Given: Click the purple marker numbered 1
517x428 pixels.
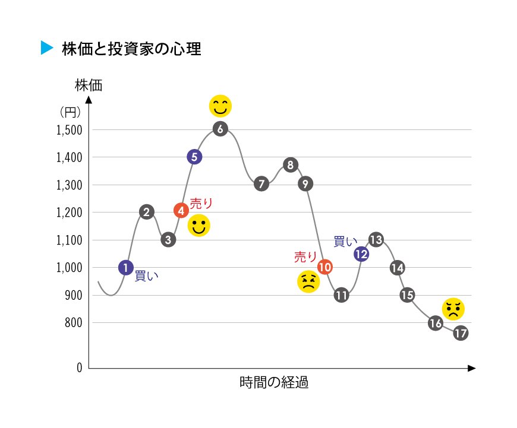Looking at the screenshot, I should coord(125,268).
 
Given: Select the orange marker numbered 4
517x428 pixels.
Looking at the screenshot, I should coord(181,210).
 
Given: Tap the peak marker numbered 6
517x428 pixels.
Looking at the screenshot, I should coord(220,129).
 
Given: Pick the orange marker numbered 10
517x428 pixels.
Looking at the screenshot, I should coord(324,267).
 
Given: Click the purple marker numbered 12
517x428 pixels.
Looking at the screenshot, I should coord(361,254).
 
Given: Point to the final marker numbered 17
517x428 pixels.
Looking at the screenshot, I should coord(461,333).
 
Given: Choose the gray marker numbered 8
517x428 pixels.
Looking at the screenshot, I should coord(290,165).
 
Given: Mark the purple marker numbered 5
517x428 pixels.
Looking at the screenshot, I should coord(194,157).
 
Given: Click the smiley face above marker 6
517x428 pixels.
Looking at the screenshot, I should coord(220,106).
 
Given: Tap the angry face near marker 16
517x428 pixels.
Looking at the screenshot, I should coord(453,308).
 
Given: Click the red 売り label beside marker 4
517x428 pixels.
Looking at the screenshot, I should coord(201,203).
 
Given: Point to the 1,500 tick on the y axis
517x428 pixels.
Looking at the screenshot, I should coord(69,130).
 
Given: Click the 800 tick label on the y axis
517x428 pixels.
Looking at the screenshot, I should coord(72,323).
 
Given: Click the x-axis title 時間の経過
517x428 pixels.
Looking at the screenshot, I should coord(274,382).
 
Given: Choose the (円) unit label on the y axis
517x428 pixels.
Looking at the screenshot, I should coord(70,111).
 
